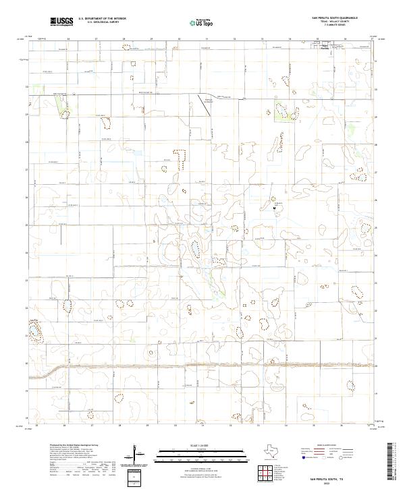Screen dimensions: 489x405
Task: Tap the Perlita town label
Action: coord(325,47)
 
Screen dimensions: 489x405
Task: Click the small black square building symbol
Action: coord(274,208)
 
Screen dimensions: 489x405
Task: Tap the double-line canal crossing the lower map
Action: coord(202,366)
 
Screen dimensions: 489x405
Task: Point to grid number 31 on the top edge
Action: coord(206,39)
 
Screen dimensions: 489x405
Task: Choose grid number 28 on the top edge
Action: coord(124,39)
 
